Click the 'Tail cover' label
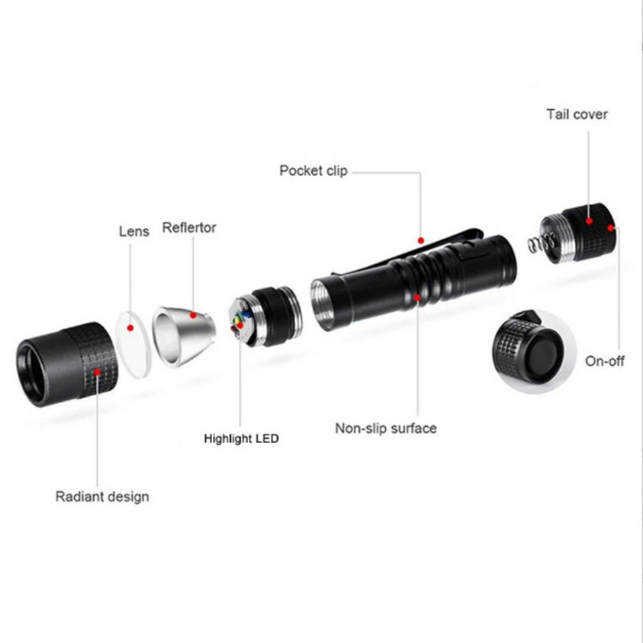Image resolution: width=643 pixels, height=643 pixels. [x=577, y=114]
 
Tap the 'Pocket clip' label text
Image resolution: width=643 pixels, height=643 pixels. [x=313, y=171]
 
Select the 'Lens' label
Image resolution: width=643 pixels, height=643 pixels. [x=134, y=231]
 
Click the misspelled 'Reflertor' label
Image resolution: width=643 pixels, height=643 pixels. [x=189, y=228]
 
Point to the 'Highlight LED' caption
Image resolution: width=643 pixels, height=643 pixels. [x=241, y=439]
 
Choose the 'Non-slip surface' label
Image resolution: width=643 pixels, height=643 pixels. [x=386, y=428]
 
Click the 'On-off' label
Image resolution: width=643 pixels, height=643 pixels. [x=604, y=361]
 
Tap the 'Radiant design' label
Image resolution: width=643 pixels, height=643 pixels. [x=102, y=496]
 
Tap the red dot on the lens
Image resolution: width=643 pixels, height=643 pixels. [x=131, y=328]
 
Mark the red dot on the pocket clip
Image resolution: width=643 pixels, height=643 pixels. [x=421, y=240]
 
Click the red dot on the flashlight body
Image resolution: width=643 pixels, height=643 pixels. [x=417, y=296]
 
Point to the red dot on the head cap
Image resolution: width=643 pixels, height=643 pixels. [x=97, y=371]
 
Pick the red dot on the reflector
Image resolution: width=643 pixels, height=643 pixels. [x=193, y=315]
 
